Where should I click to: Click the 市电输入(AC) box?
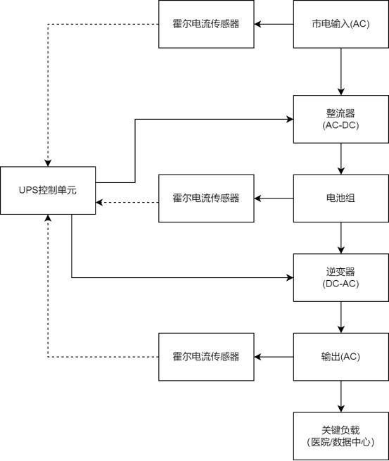click(340, 24)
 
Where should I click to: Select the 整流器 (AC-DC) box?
click(340, 120)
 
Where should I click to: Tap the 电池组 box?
click(340, 198)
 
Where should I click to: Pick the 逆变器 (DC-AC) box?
click(340, 278)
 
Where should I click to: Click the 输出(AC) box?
click(340, 357)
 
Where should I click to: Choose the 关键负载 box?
click(340, 436)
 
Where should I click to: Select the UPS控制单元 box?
click(48, 191)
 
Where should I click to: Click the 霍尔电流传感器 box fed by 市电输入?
click(205, 24)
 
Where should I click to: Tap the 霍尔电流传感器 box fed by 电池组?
click(205, 198)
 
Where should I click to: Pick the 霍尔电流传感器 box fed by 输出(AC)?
click(205, 357)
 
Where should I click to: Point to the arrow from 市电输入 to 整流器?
click(340, 71)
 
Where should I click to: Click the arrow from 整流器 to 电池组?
click(340, 159)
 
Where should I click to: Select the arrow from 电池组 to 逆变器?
click(340, 238)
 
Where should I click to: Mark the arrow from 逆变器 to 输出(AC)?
click(340, 317)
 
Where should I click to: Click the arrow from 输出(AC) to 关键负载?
click(340, 396)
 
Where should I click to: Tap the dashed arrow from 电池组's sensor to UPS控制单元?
click(127, 202)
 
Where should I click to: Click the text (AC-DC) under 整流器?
click(340, 126)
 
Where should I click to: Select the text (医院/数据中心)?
click(340, 443)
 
